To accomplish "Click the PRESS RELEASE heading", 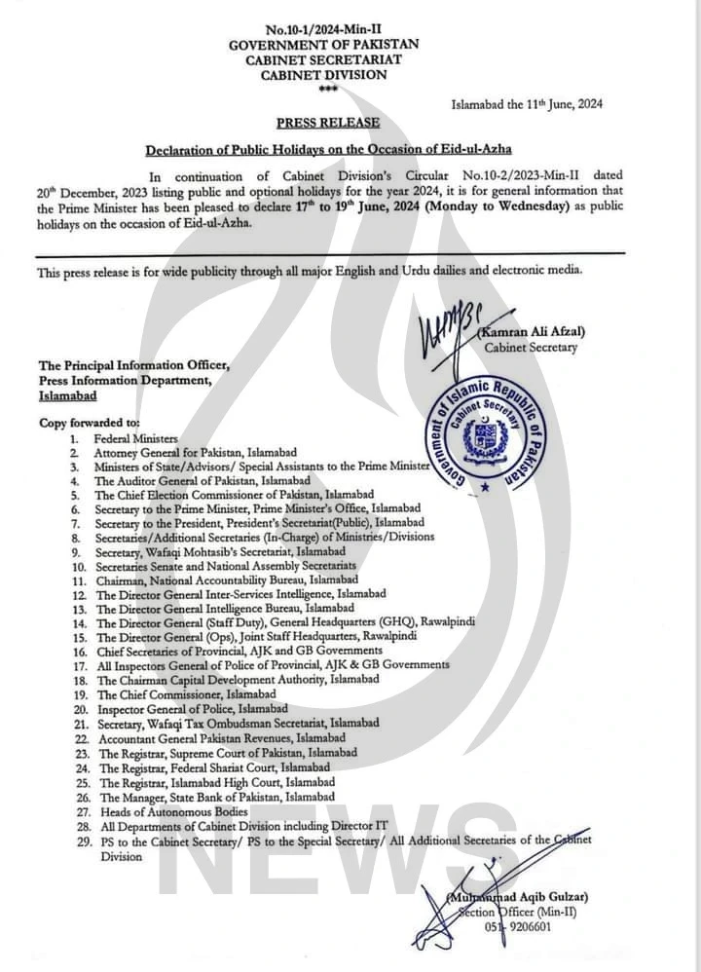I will tap(327, 123).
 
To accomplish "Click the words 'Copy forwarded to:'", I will tap(90, 424).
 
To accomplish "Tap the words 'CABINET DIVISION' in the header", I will tap(323, 74).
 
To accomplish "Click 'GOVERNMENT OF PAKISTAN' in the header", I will tap(323, 46).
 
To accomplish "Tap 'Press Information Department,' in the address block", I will tap(127, 381).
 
